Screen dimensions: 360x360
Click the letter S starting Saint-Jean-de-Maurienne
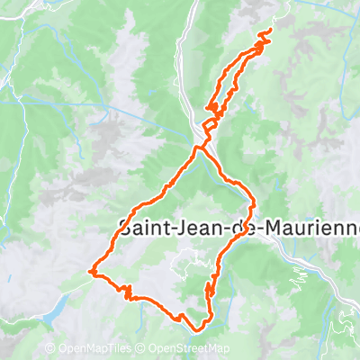(x=125, y=229)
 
